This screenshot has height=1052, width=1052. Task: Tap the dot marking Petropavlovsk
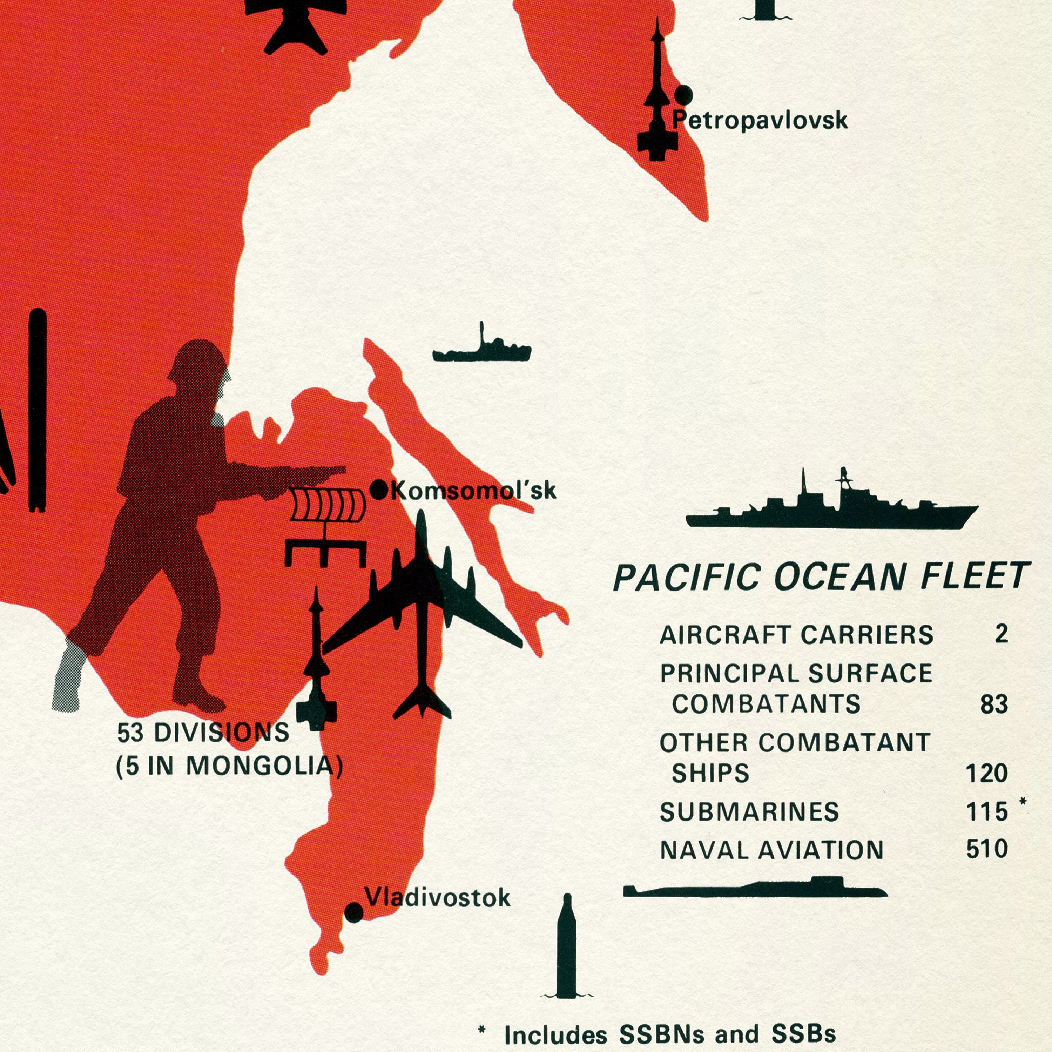683,95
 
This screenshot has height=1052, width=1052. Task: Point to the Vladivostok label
438,898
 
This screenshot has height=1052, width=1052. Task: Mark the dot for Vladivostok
354,912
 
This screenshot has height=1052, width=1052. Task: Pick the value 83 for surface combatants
994,704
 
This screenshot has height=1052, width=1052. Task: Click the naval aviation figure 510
987,849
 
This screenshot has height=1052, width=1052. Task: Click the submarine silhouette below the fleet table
755,889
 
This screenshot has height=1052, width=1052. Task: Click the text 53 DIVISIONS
203,733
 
